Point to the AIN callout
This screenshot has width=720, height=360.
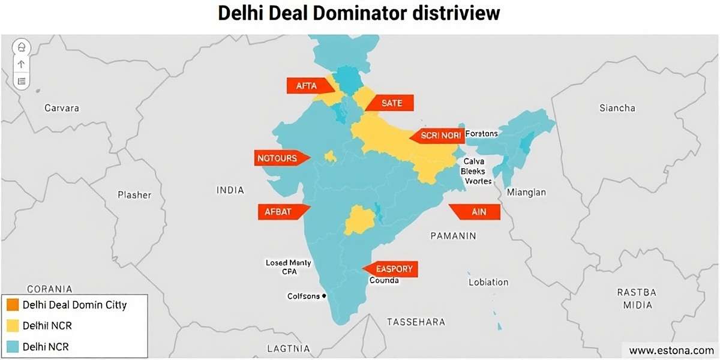tap(476, 212)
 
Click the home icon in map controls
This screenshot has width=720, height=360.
tap(22, 47)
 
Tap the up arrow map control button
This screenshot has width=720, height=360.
tap(22, 64)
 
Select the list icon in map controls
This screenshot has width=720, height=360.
tap(22, 80)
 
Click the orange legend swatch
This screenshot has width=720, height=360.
tap(11, 305)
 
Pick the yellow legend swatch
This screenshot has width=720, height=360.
tap(11, 326)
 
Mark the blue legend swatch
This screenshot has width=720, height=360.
tap(11, 346)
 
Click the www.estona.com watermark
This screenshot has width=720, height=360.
tap(671, 350)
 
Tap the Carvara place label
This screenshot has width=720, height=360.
tap(62, 108)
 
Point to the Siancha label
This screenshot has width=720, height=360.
tap(617, 108)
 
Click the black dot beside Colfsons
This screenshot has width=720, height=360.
tap(324, 296)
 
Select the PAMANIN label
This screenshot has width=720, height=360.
tap(453, 236)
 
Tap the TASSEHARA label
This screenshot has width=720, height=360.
tap(416, 322)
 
